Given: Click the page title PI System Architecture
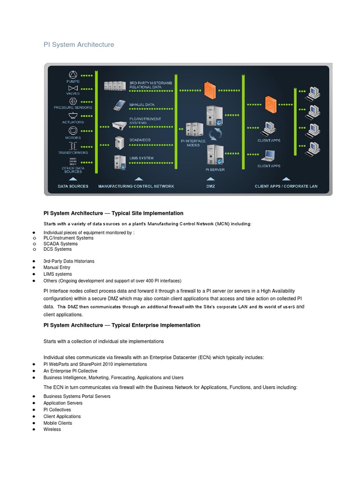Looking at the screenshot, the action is pos(79,45).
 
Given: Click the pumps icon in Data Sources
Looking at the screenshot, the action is pos(73,75).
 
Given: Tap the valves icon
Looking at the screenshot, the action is pos(73,88).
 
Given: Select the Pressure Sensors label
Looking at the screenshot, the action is pos(73,107).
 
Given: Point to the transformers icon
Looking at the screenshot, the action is pos(73,146).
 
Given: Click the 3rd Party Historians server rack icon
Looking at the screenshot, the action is pos(115,85).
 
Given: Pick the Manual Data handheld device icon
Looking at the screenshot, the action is pos(119,105).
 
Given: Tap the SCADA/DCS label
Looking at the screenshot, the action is pos(140,140).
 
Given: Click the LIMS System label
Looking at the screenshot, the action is pos(141,158).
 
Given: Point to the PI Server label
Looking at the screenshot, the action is pos(215,170).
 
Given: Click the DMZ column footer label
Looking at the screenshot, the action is pos(210,186).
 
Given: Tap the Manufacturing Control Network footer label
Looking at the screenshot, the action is pos(136,186).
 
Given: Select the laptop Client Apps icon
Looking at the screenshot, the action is pos(269,155).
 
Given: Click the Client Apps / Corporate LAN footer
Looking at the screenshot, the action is pos(286,186).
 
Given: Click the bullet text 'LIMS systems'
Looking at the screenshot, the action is pos(58,274).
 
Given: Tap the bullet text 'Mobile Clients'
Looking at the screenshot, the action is pos(58,423).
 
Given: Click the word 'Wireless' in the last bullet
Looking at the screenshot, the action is pos(52,429).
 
